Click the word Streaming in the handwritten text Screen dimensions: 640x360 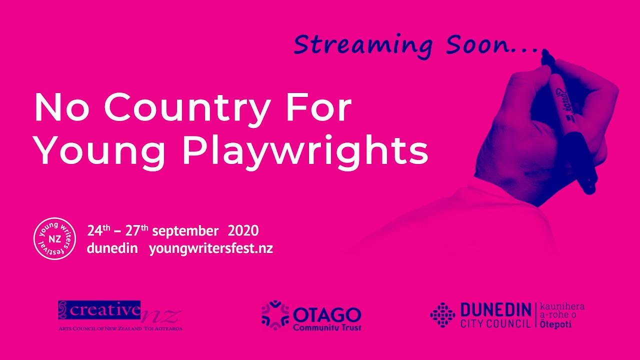pos(363,45)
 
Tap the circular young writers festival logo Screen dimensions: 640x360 pos(55,239)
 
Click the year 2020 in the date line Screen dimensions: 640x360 pos(243,231)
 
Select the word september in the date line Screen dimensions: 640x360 pos(185,231)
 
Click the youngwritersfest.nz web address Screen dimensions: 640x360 pos(211,249)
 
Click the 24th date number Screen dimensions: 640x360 pos(99,230)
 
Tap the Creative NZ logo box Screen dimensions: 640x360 pos(99,310)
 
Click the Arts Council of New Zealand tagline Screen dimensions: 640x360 pos(120,328)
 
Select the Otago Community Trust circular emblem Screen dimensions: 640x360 pos(275,315)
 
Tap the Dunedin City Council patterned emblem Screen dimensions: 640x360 pos(442,315)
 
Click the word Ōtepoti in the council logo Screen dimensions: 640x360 pos(555,324)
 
